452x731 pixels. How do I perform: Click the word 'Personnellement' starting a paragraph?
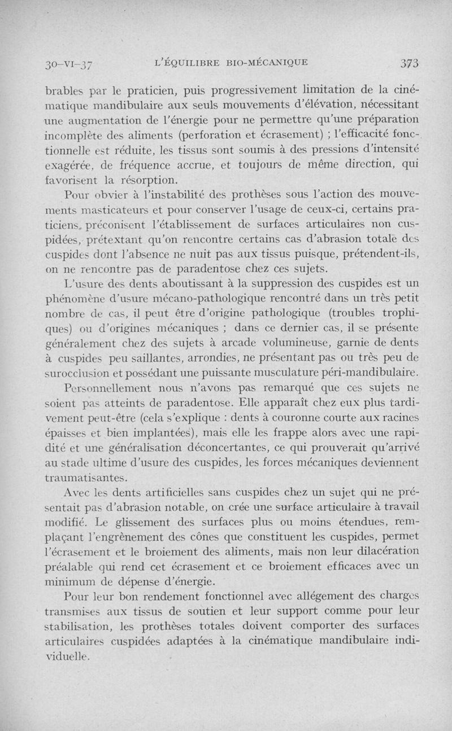(x=99, y=389)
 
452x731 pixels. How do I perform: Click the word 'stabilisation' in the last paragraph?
(x=76, y=625)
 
